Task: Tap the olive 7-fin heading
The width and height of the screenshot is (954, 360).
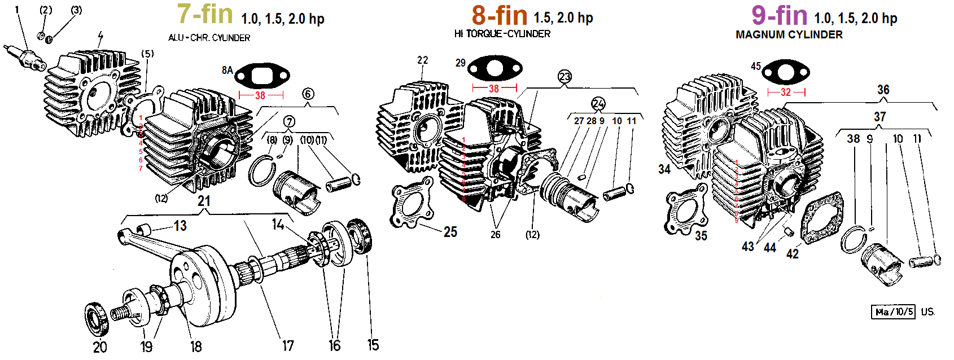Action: click(205, 14)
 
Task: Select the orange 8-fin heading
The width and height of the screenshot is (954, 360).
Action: click(500, 16)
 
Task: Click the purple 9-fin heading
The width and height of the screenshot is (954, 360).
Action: click(779, 15)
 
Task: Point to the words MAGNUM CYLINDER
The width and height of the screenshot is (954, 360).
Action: click(789, 34)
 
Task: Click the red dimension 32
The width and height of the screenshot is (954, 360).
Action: click(786, 92)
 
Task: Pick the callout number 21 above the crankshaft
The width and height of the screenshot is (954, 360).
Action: click(204, 201)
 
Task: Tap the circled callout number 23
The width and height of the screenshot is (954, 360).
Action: click(564, 76)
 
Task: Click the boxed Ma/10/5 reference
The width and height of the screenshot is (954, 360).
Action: click(894, 312)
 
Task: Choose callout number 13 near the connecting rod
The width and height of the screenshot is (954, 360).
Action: click(180, 226)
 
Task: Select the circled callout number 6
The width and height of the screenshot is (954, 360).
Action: click(308, 94)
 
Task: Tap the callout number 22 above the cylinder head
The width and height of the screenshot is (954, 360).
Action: click(423, 60)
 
